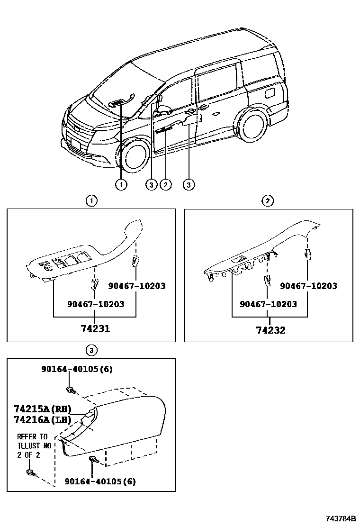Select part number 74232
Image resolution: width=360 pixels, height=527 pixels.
[270, 330]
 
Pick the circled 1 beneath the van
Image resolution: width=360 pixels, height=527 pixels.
[121, 185]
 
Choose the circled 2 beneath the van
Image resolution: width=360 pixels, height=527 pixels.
[165, 185]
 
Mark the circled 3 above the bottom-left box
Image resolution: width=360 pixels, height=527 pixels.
[91, 350]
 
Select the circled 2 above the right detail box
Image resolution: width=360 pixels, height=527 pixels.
[268, 201]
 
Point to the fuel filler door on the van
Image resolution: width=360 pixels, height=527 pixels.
[270, 92]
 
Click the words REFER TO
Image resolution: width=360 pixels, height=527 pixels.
[32, 436]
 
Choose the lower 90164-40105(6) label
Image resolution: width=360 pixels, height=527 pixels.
[100, 482]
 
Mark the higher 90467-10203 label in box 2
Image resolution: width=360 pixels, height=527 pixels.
[308, 286]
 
